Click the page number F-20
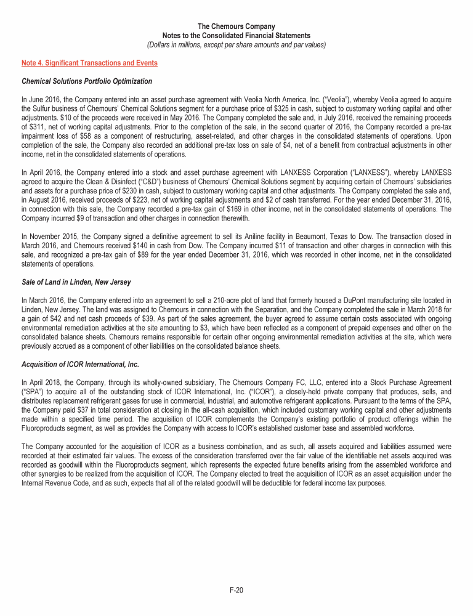click(x=236, y=591)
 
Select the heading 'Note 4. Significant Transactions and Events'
click(x=89, y=63)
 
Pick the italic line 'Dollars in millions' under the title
click(x=236, y=44)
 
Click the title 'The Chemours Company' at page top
click(x=236, y=27)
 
